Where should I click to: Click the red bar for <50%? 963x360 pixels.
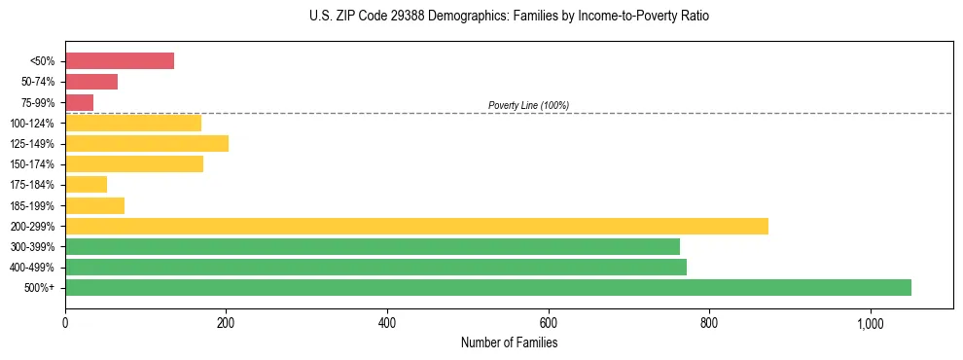tap(120, 61)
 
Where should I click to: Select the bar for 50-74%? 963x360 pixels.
tap(91, 82)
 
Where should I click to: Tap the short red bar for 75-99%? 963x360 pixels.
tap(79, 102)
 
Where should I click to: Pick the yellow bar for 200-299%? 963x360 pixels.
tap(416, 226)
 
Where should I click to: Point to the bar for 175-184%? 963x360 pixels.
tap(86, 185)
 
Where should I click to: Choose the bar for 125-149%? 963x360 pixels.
tap(147, 144)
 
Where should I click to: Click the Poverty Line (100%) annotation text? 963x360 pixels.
tap(528, 105)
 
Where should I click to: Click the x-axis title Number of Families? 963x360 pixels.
tap(509, 342)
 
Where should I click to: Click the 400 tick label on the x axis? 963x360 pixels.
tap(387, 322)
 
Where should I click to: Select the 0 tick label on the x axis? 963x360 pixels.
tap(65, 322)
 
